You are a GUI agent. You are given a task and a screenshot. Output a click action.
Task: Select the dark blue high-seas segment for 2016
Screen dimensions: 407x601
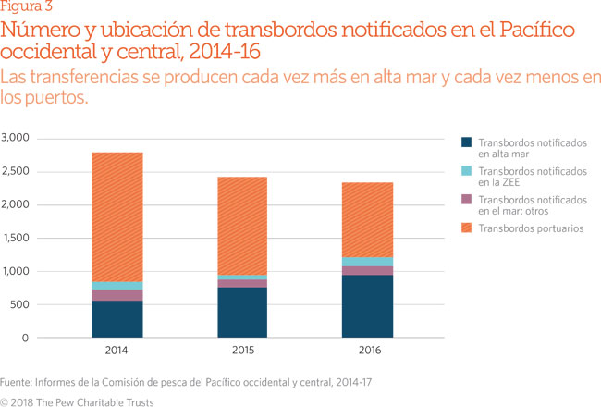366,306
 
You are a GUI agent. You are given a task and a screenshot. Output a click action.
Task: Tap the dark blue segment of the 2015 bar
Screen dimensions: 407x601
242,313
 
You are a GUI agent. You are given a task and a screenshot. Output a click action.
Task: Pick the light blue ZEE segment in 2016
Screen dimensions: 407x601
366,262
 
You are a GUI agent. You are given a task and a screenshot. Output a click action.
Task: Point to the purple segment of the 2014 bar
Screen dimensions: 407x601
117,295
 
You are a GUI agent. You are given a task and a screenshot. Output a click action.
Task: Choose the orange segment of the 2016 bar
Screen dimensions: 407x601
366,219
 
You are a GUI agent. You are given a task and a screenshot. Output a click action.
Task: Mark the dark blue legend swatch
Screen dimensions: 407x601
467,142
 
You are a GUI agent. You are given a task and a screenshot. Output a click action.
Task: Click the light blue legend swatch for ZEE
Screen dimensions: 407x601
467,171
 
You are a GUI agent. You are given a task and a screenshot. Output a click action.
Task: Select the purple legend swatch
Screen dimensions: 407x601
467,200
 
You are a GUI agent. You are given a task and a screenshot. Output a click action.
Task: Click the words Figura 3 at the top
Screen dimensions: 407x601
27,7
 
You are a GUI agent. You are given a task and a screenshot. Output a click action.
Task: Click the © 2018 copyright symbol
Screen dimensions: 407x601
6,401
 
